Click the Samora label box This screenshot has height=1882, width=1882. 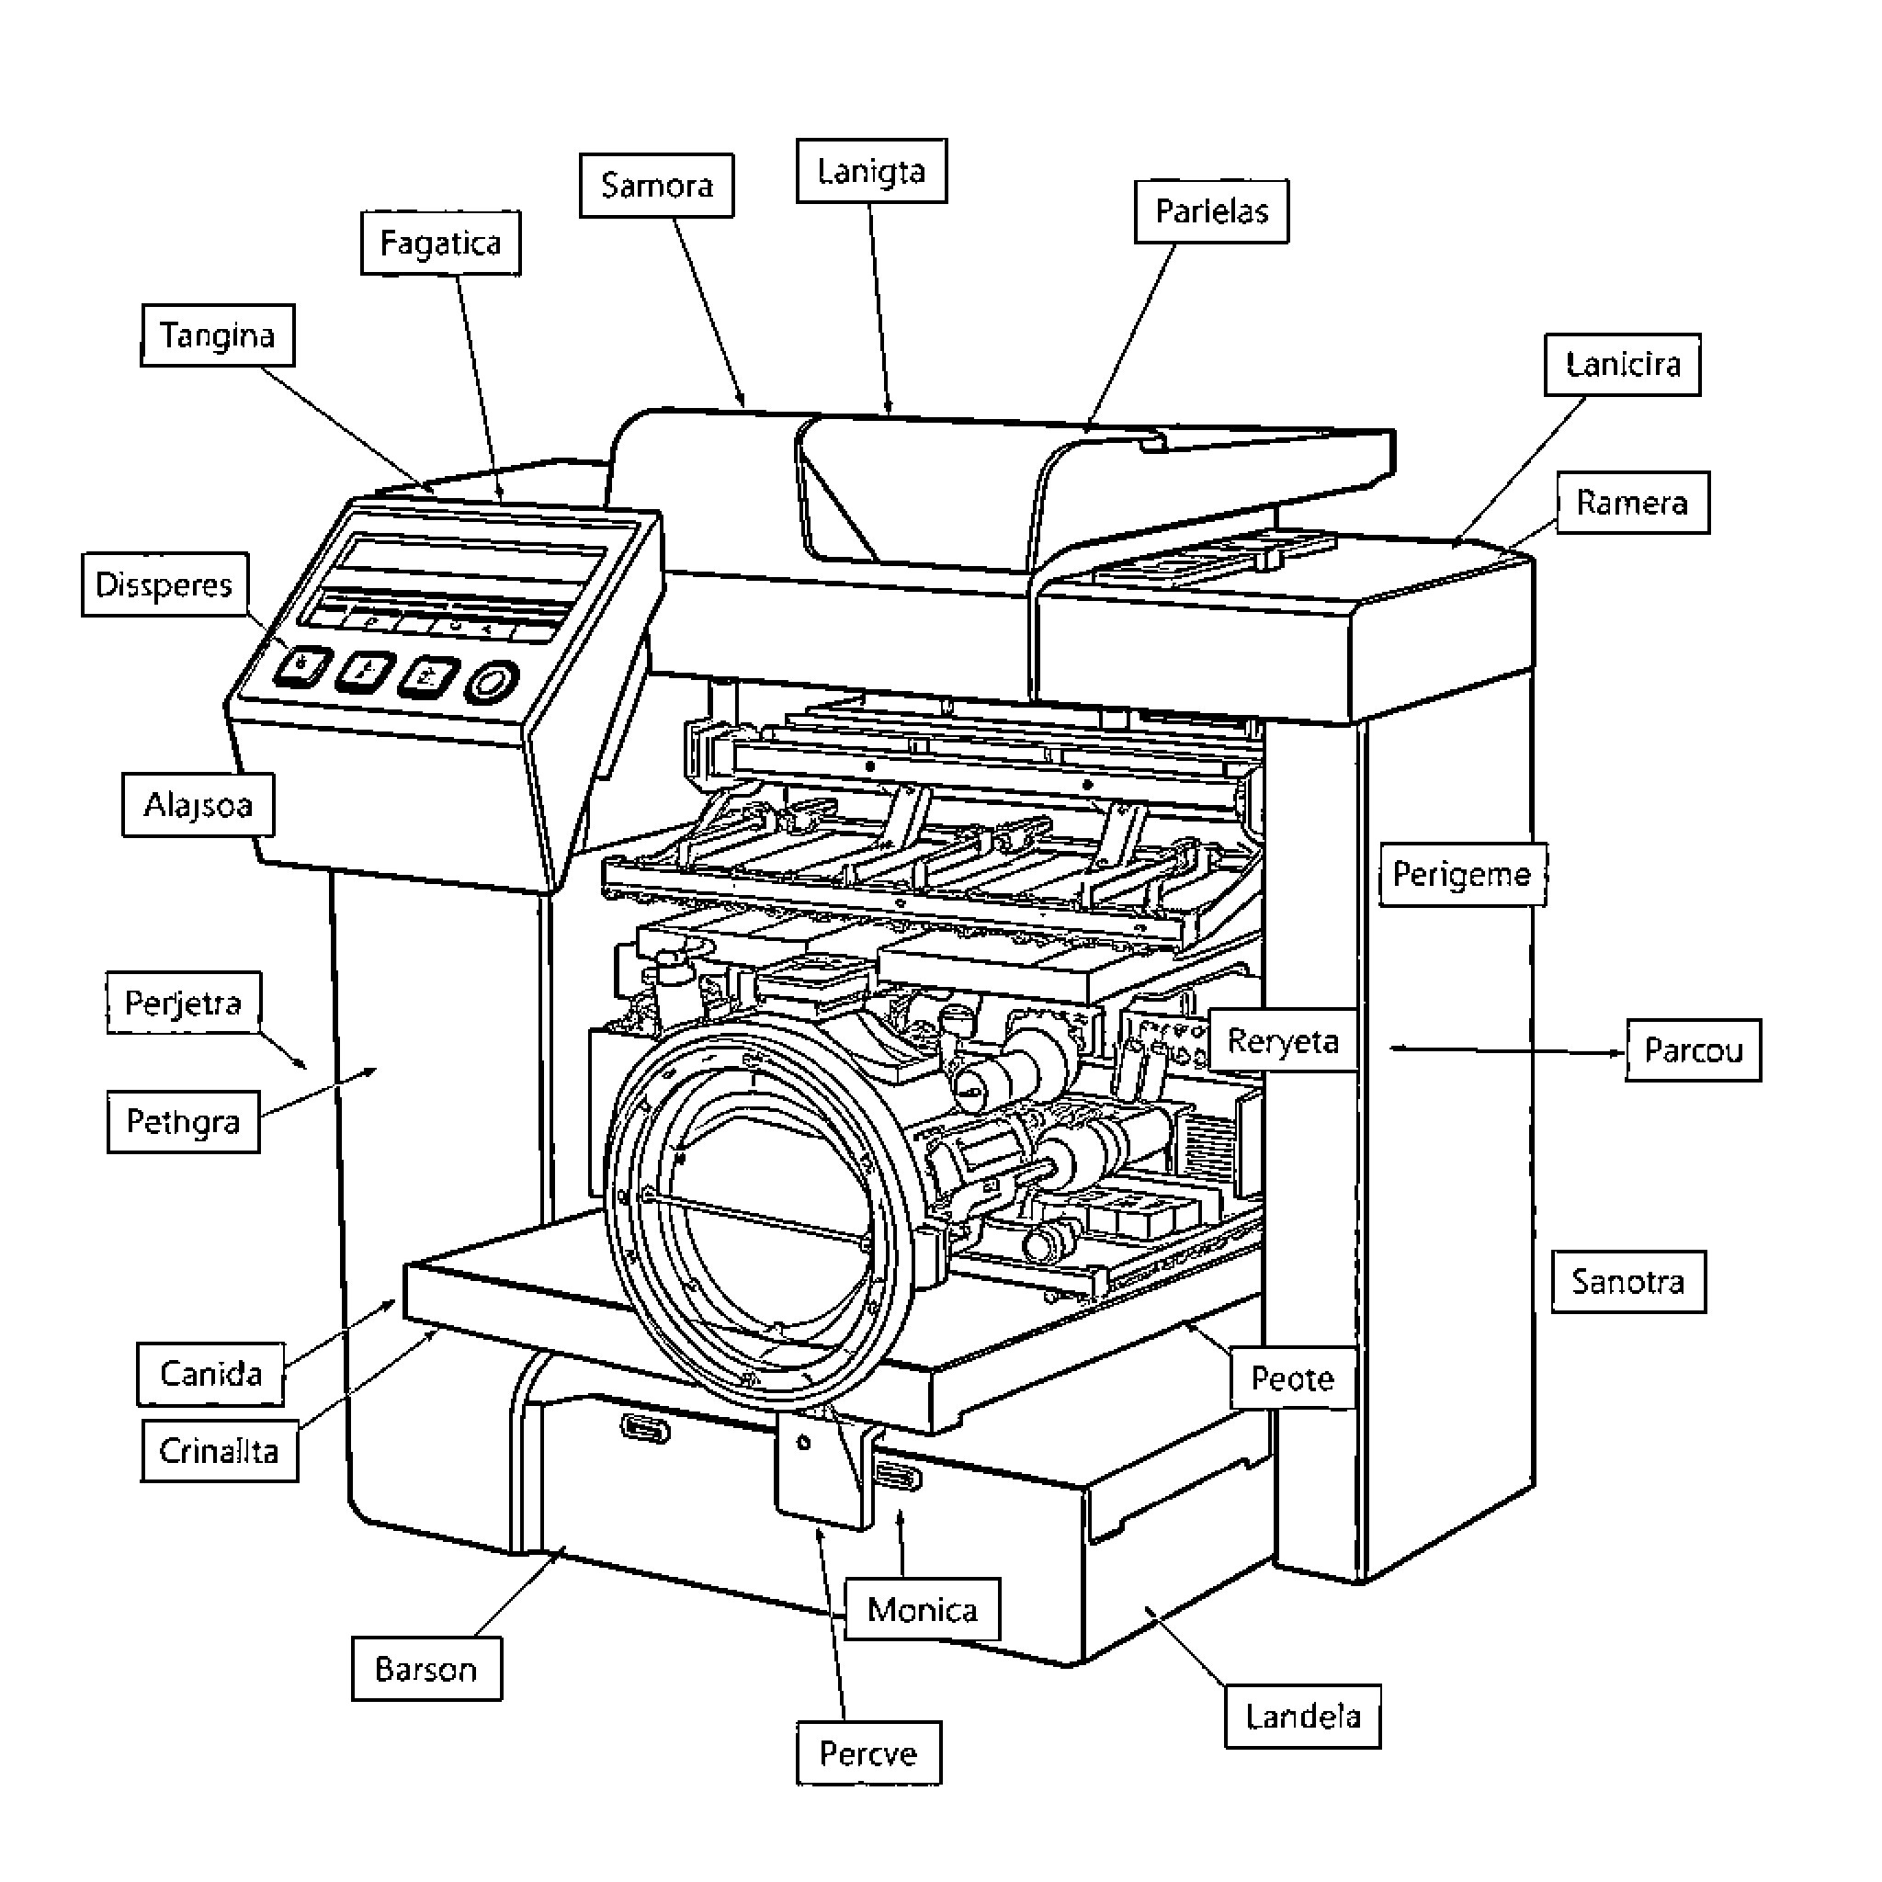pos(656,185)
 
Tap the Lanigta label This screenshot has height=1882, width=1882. pos(871,172)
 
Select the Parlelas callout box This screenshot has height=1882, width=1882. pos(1211,211)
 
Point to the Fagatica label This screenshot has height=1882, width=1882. pos(440,243)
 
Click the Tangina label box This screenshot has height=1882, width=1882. pos(217,335)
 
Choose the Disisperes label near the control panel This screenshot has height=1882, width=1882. pos(164,584)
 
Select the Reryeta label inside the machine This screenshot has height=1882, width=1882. pos(1282,1040)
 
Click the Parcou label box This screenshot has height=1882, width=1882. pos(1693,1050)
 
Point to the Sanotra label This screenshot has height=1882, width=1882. pos(1627,1282)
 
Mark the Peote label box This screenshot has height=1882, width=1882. pos(1292,1378)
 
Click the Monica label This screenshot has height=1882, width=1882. pos(922,1609)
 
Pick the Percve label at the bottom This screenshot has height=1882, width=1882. pos(867,1753)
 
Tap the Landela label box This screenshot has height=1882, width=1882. pos(1302,1717)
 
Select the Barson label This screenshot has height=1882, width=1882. pos(425,1670)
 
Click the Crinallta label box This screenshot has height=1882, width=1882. pos(220,1451)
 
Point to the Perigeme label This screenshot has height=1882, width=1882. pos(1461,874)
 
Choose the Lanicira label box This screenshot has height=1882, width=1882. pos(1622,364)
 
